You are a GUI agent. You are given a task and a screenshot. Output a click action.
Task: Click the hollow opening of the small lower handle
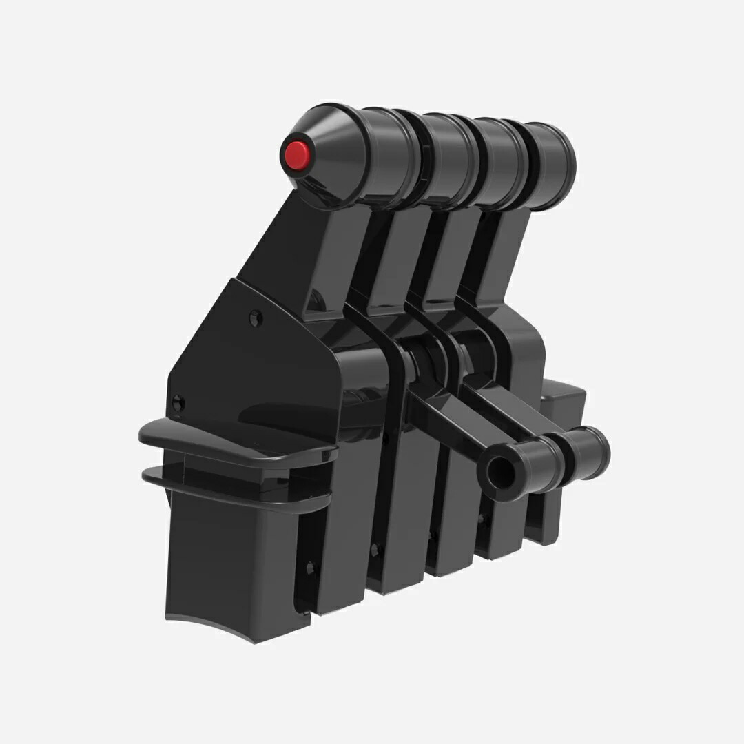tap(495, 471)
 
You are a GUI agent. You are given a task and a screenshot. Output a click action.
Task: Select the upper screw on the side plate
tap(256, 318)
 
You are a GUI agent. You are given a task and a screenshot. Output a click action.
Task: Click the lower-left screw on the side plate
tap(178, 403)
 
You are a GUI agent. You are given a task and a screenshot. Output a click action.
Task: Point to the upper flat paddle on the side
tap(234, 441)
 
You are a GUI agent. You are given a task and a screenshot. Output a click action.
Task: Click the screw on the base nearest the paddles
tap(311, 567)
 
